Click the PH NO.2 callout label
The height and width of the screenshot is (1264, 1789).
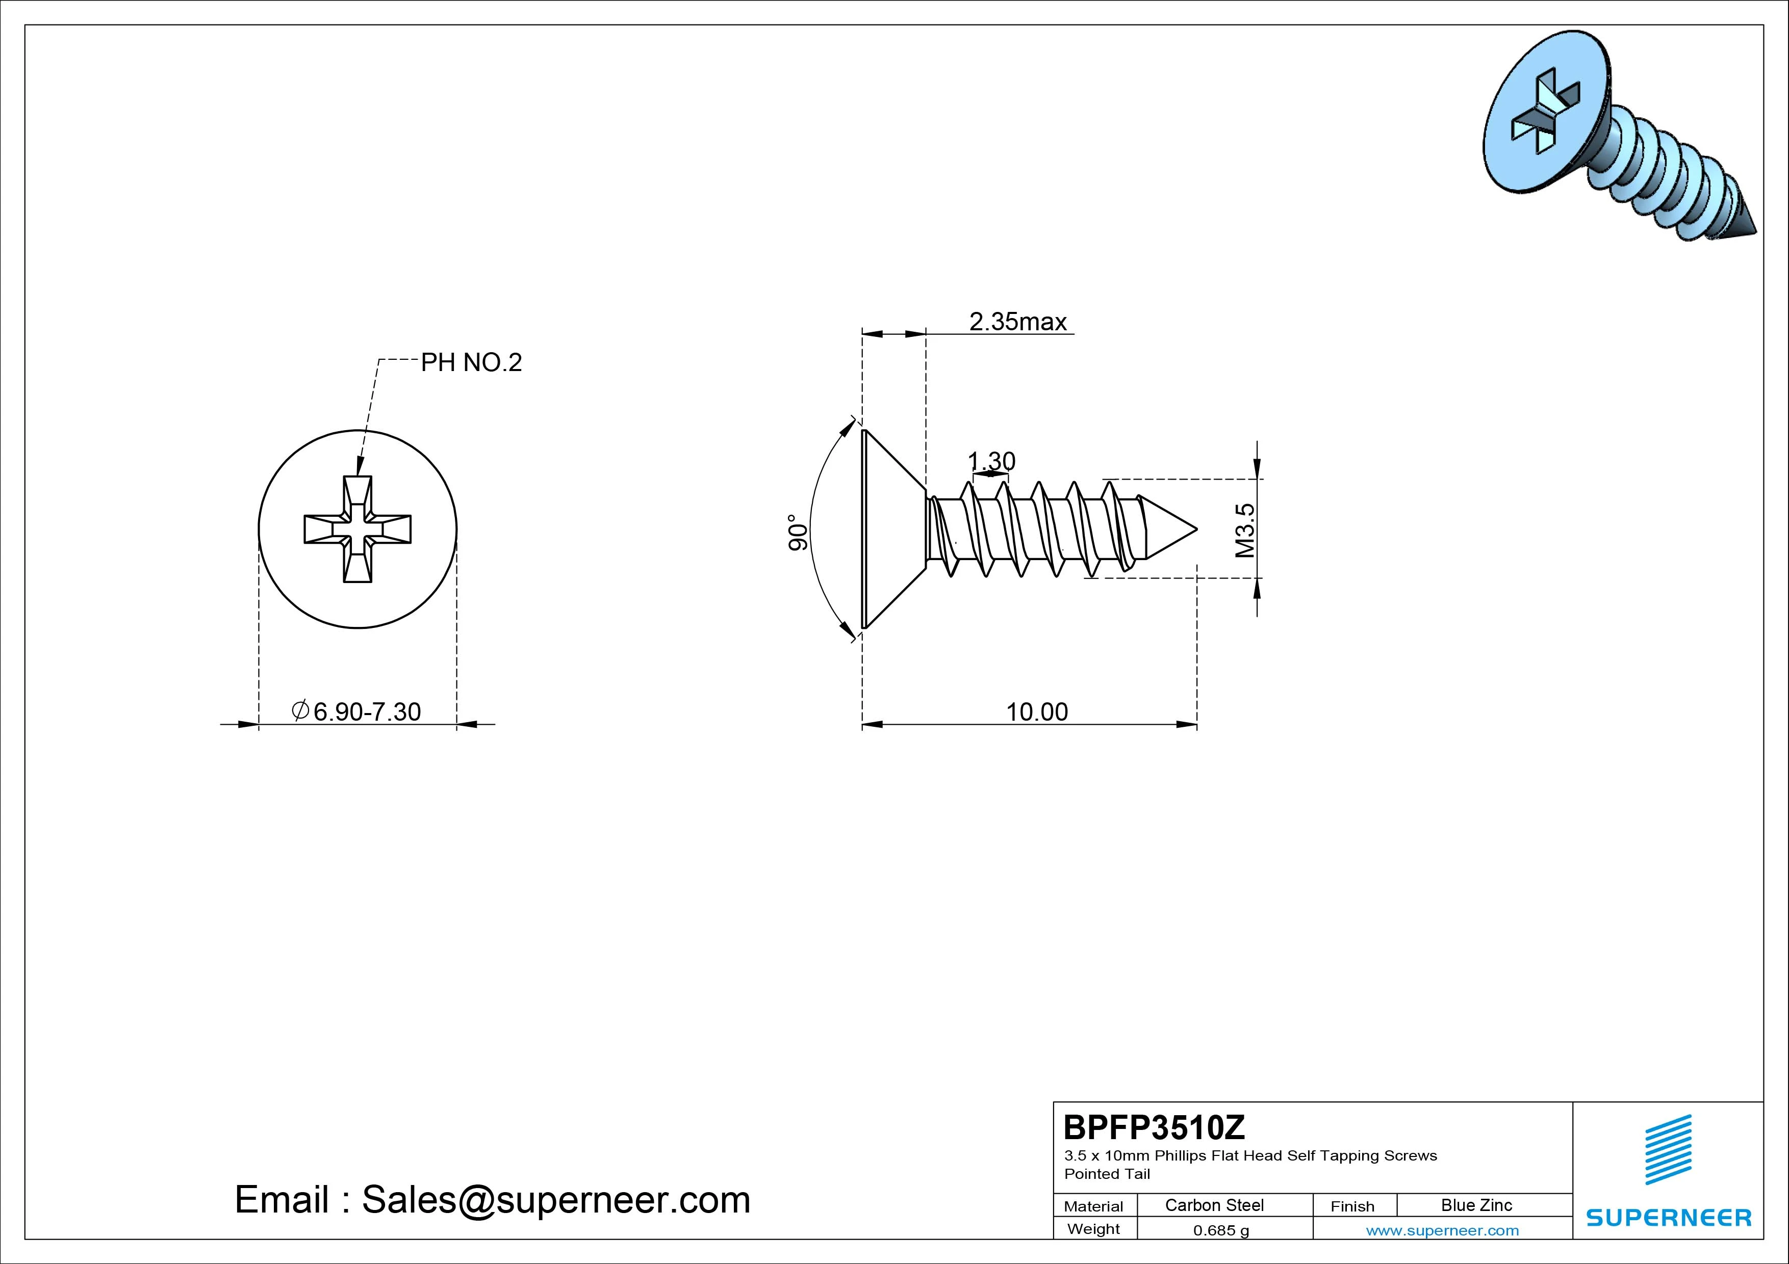click(x=471, y=362)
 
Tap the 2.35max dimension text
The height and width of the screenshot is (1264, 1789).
click(x=1017, y=322)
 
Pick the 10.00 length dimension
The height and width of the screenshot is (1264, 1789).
click(x=1037, y=712)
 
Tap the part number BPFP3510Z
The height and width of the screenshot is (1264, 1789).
click(x=1154, y=1127)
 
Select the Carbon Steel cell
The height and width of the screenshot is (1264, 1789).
click(x=1214, y=1205)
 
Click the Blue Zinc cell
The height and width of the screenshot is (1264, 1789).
click(x=1476, y=1205)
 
